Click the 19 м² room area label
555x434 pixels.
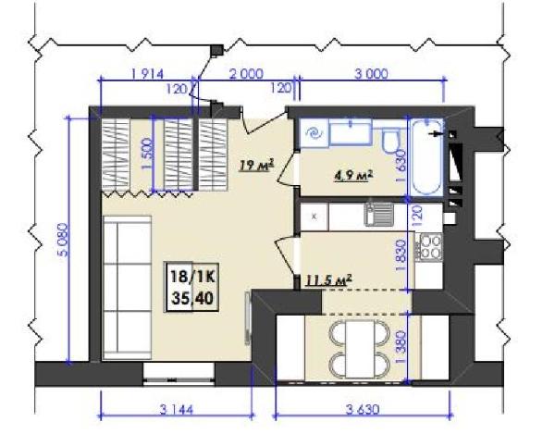257,165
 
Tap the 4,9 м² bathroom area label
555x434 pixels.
354,176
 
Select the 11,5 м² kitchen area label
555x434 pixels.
328,280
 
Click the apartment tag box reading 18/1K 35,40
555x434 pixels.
191,287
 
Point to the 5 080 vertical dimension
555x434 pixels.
64,240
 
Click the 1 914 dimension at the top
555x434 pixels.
148,74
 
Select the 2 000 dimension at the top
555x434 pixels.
246,74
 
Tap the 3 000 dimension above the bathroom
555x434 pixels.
371,74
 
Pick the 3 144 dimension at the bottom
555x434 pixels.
177,410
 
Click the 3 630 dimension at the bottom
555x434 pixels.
363,410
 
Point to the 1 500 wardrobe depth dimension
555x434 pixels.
147,155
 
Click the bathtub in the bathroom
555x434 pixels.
426,156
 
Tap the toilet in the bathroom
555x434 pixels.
390,140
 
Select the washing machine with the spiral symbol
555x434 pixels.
314,133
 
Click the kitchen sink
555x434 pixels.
379,214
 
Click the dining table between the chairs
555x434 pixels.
360,349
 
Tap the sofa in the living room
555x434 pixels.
128,288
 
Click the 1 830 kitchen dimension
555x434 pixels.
401,255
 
